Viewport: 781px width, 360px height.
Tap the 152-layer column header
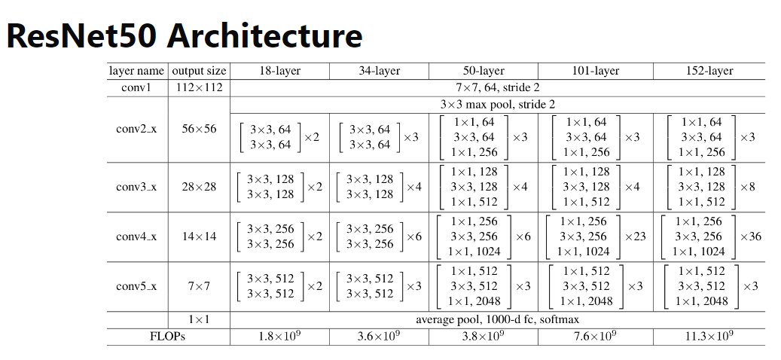pos(709,71)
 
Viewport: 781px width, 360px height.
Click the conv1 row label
pos(136,87)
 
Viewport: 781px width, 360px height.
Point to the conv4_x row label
pos(136,236)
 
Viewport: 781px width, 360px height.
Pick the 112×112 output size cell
pos(199,87)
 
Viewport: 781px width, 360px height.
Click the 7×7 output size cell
pos(199,286)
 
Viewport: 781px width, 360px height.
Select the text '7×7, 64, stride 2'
pos(497,87)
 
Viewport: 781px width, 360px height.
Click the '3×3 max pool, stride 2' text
pos(497,104)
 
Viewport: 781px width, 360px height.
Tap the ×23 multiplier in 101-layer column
pos(635,236)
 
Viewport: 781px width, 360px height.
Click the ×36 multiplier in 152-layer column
pos(750,236)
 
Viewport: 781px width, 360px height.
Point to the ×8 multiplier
pos(747,187)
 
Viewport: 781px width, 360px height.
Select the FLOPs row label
pos(167,337)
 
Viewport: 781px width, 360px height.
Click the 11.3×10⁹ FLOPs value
pos(709,337)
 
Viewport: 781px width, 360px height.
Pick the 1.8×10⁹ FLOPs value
pos(279,337)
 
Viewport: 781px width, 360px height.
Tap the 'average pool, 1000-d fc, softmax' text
pos(497,320)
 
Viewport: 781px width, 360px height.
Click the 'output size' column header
pos(199,71)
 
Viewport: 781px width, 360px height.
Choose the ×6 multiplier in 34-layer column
pos(413,236)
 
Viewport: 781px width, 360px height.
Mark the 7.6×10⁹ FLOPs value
pos(595,337)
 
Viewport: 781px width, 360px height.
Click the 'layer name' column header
pos(136,71)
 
